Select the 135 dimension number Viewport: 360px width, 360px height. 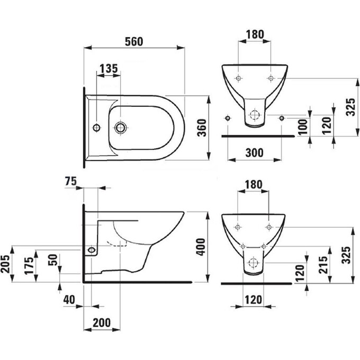(x=109, y=69)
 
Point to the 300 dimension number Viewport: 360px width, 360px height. (x=255, y=152)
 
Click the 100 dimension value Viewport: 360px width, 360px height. (x=302, y=127)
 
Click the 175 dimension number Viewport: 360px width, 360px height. (x=30, y=265)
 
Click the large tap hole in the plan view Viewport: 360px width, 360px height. (x=121, y=127)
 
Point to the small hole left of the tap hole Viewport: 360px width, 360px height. (x=96, y=127)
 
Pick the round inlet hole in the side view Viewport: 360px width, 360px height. (x=92, y=249)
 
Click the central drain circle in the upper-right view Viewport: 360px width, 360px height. (x=255, y=115)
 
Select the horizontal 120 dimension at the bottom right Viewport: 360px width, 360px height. (x=254, y=300)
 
